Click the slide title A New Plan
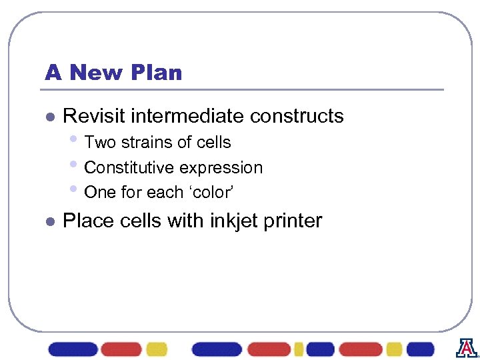[113, 73]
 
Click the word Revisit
[94, 116]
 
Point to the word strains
[143, 143]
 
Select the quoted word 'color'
[209, 193]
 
